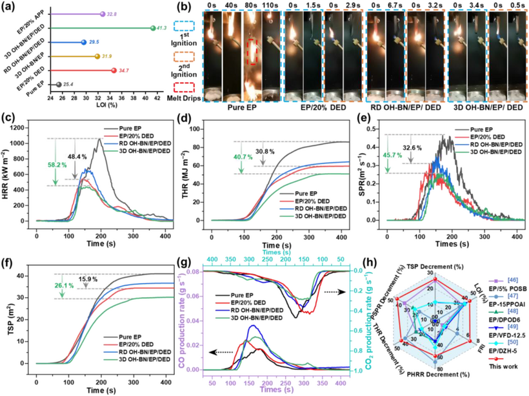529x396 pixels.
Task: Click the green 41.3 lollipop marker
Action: (x=152, y=28)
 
